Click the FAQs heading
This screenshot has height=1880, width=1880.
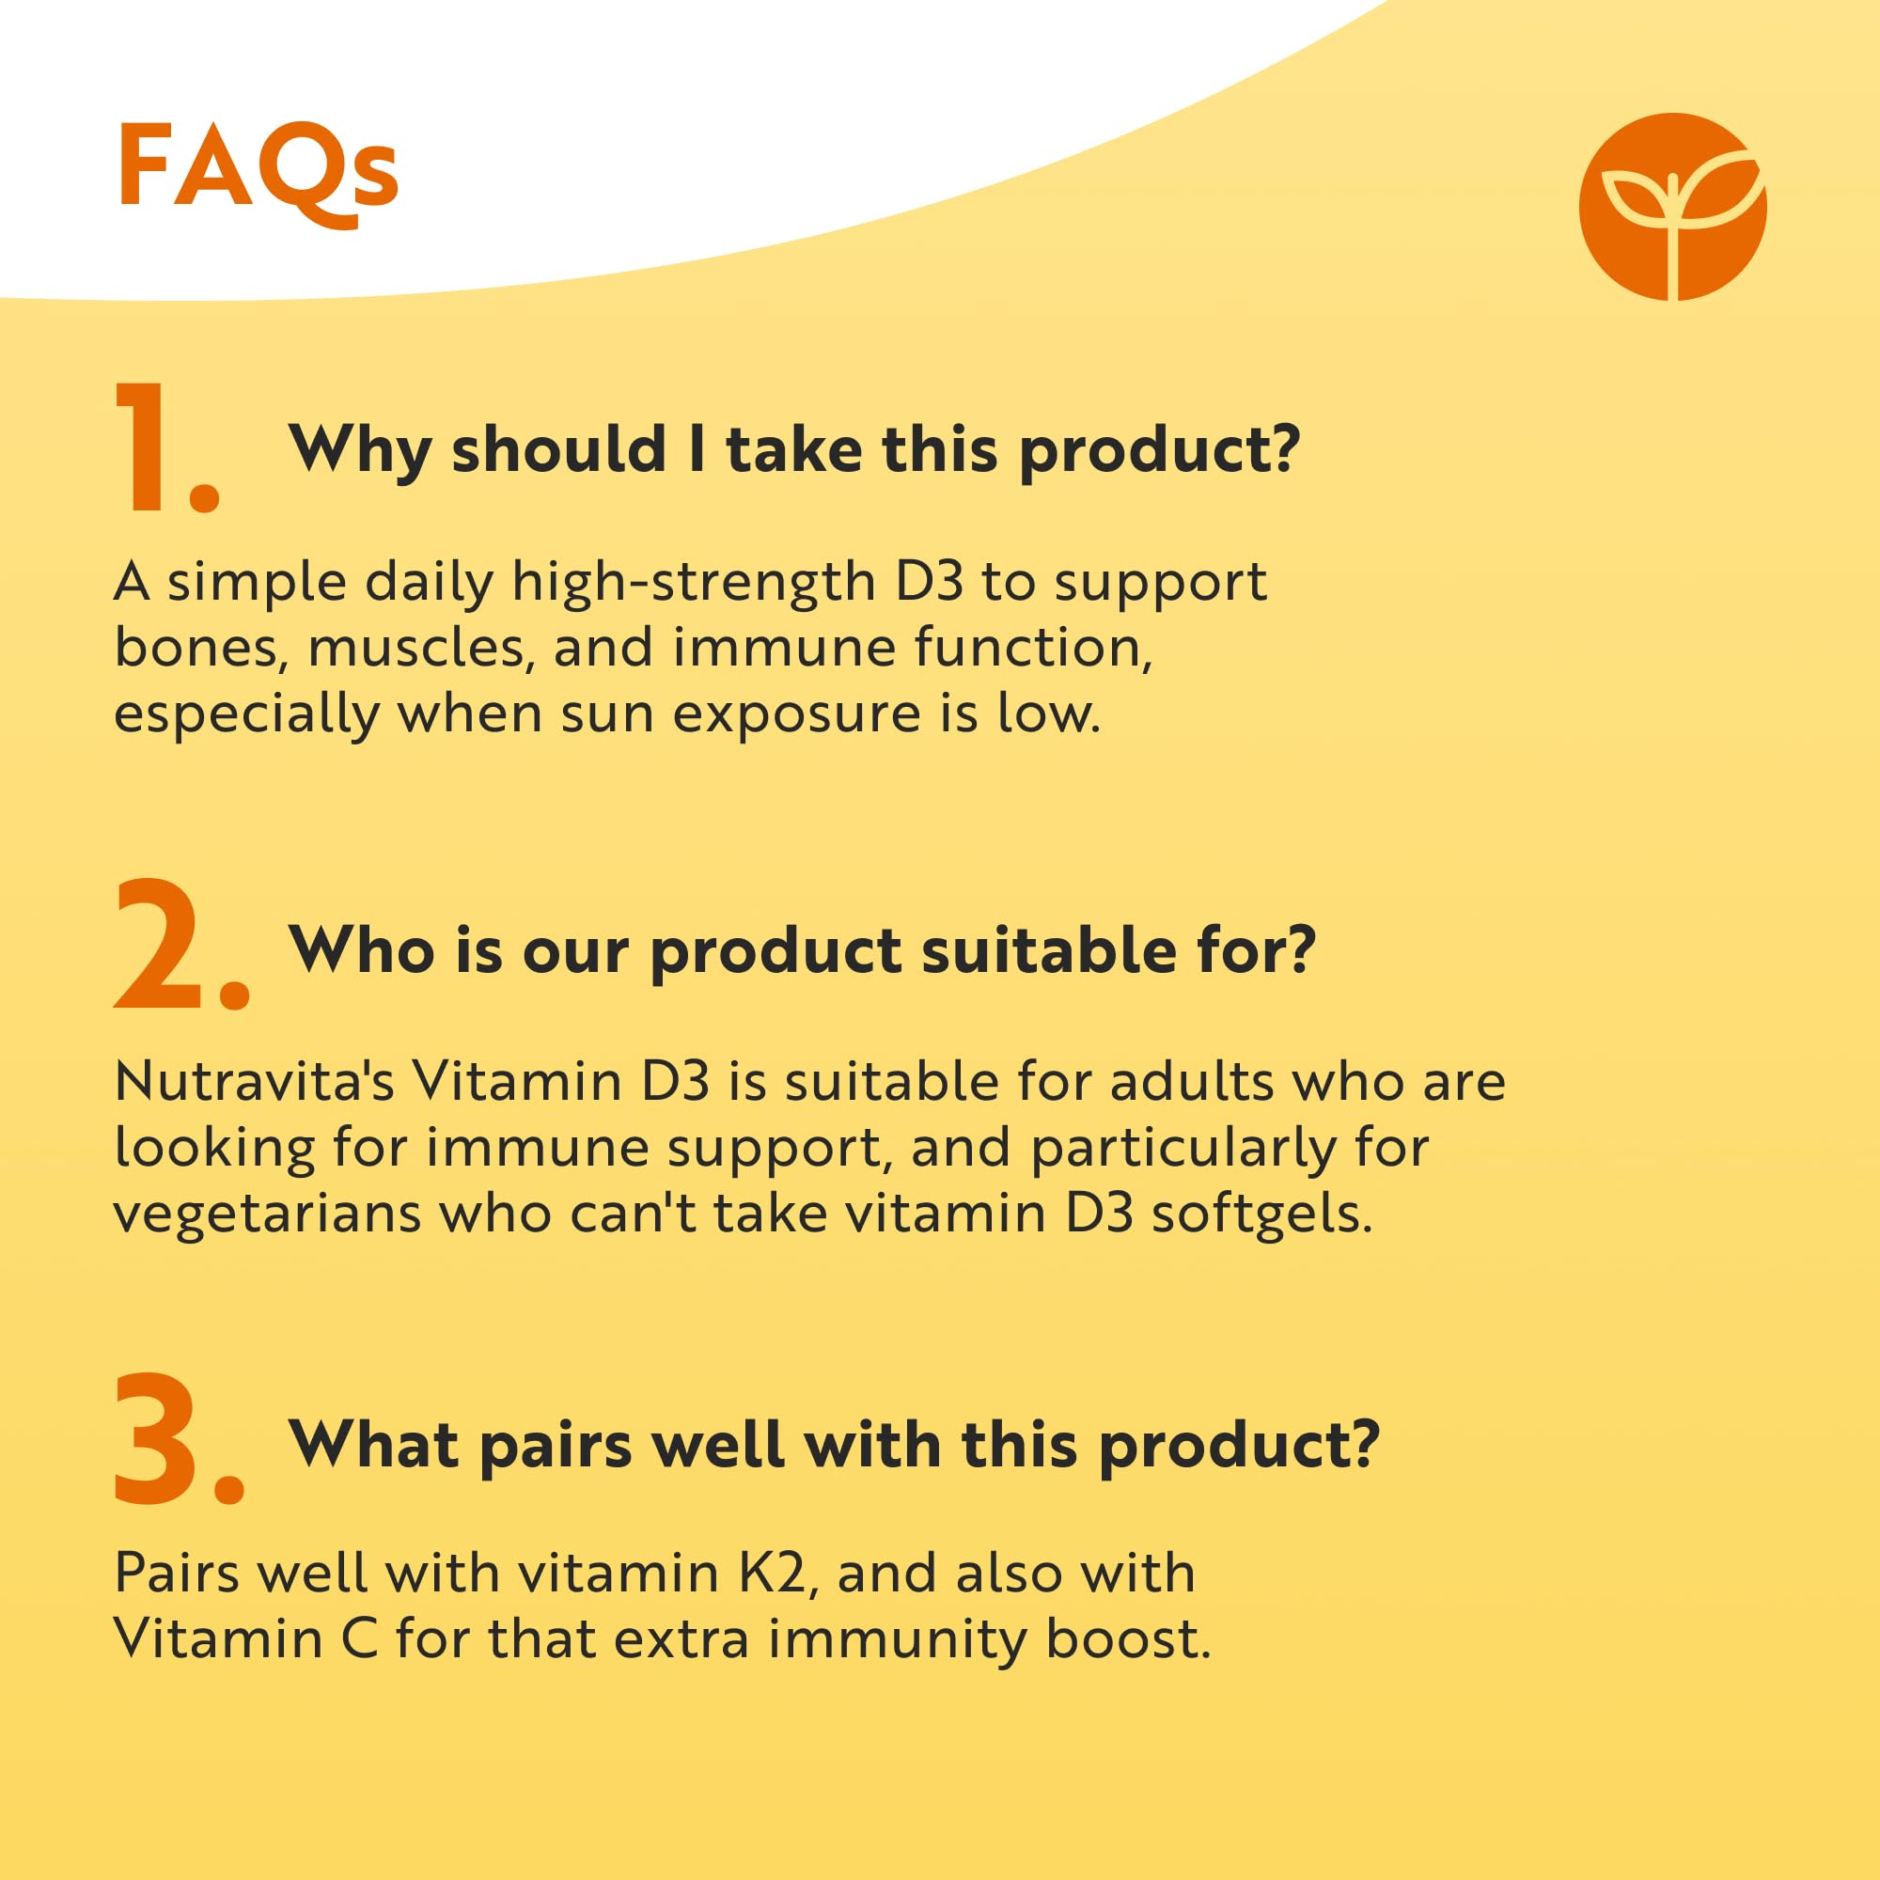tap(258, 173)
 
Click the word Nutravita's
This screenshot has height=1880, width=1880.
tap(253, 1081)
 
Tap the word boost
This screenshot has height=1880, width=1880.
tap(1129, 1639)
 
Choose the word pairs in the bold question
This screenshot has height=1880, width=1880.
tap(556, 1449)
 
